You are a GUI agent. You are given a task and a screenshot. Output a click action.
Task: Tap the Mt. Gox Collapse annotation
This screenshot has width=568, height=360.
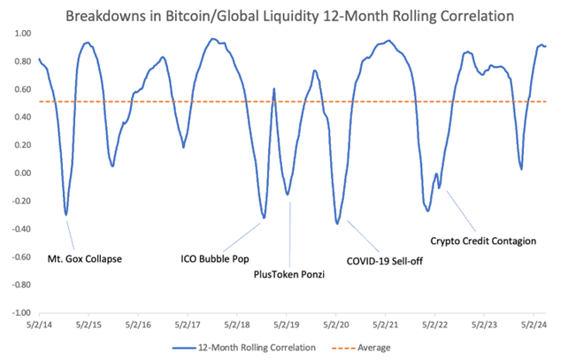pos(84,259)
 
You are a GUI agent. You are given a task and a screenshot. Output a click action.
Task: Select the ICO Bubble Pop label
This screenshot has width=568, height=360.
pos(215,259)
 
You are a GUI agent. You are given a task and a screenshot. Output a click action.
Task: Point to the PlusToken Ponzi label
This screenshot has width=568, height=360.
pos(285,274)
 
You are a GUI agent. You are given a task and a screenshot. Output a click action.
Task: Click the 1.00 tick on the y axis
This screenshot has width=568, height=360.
pos(19,33)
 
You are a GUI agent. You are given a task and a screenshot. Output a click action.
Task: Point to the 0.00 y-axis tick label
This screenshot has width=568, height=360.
pos(19,172)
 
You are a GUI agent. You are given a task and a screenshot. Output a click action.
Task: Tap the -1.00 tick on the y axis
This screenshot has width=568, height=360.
pos(18,312)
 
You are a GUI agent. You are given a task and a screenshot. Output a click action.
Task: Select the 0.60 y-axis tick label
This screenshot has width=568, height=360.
pos(19,88)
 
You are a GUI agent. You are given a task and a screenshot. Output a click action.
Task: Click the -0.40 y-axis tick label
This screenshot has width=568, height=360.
pos(18,228)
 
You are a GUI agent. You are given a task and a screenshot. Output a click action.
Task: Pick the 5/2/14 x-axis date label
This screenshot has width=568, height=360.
pos(40,326)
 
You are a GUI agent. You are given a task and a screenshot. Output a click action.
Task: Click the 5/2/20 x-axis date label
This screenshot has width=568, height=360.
pos(337,326)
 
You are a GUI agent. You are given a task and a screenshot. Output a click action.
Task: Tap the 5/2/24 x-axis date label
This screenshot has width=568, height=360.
pos(535,326)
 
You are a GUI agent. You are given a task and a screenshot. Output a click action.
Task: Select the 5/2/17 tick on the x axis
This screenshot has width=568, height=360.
pos(188,326)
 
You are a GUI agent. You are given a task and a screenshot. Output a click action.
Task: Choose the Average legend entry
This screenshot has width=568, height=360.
pos(372,348)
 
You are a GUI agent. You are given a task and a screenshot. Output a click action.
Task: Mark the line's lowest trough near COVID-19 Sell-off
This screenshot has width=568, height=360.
pos(337,224)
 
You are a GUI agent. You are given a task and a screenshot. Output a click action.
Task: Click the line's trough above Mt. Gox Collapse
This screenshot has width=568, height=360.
pos(66,214)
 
